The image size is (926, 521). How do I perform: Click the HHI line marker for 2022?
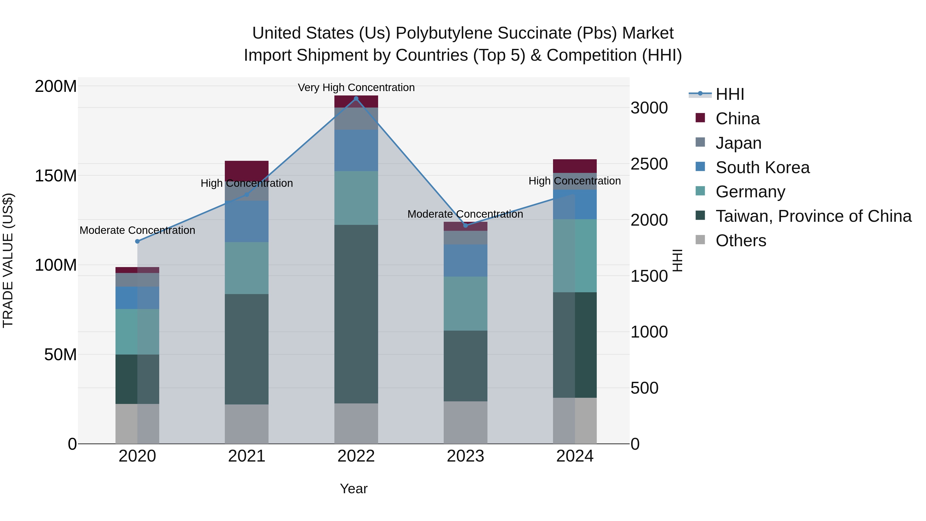coord(356,99)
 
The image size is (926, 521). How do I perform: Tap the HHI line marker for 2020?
coord(137,241)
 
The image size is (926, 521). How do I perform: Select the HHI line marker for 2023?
coord(466,225)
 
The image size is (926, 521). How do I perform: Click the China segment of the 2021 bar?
coord(247,169)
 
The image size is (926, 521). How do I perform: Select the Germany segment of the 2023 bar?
coord(466,304)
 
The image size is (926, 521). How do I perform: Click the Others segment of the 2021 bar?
coord(247,424)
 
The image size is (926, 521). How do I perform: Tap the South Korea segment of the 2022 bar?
coord(356,150)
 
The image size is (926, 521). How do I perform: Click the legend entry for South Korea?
coord(762,167)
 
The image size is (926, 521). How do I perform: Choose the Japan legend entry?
coord(738,143)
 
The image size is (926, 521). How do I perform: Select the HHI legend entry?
coord(729,94)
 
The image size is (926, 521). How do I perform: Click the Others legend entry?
coord(741,241)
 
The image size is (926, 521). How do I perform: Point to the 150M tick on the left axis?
coord(56,176)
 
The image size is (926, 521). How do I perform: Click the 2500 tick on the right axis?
coord(649,164)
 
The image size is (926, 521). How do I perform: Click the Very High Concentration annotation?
coord(356,87)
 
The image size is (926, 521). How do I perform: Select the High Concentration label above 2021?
coord(247,183)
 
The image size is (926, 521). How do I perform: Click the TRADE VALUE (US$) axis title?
coord(8,260)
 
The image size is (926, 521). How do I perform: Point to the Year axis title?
coord(353,489)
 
